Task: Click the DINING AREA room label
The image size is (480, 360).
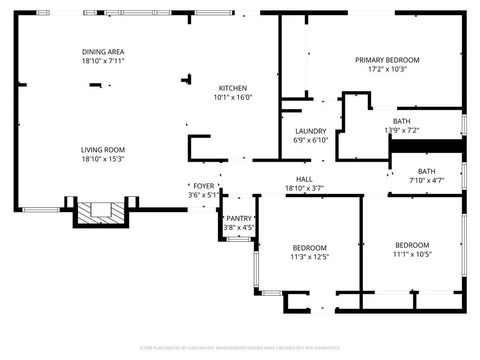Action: click(x=103, y=51)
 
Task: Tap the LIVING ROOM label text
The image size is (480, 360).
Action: click(x=103, y=149)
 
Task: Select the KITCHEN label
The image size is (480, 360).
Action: click(x=233, y=87)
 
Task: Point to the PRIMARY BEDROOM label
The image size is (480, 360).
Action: click(x=387, y=60)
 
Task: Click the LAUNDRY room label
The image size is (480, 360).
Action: click(x=310, y=131)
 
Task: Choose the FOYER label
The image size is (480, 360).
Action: click(x=203, y=186)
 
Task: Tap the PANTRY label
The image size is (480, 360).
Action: click(x=239, y=218)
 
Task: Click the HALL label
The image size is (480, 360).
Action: click(x=304, y=179)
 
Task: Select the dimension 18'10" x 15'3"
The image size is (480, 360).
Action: click(x=103, y=159)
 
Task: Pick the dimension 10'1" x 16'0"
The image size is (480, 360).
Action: click(x=233, y=97)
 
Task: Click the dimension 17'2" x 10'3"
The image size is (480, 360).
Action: click(x=387, y=70)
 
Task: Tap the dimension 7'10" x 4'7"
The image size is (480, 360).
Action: click(x=426, y=181)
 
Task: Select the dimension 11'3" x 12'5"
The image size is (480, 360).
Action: click(x=310, y=257)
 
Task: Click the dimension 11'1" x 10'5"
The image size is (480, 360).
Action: click(x=412, y=254)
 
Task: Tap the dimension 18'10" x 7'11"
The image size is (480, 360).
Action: click(x=103, y=61)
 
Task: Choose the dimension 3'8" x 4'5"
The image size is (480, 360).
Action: click(x=239, y=228)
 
